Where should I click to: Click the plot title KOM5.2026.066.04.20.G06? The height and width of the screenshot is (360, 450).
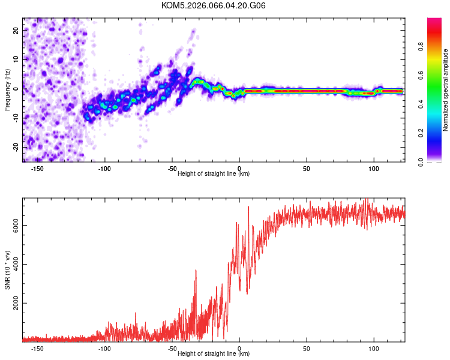click(214, 5)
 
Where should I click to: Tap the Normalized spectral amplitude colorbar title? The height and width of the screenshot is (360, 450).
click(446, 90)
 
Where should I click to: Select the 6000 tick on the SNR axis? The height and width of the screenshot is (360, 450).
click(17, 225)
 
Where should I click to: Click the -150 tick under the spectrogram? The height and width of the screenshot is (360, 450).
click(37, 169)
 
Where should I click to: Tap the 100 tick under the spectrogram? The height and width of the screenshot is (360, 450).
click(374, 169)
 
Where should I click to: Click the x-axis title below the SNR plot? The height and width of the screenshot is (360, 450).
click(214, 354)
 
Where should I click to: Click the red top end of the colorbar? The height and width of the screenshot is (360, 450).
click(434, 21)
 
